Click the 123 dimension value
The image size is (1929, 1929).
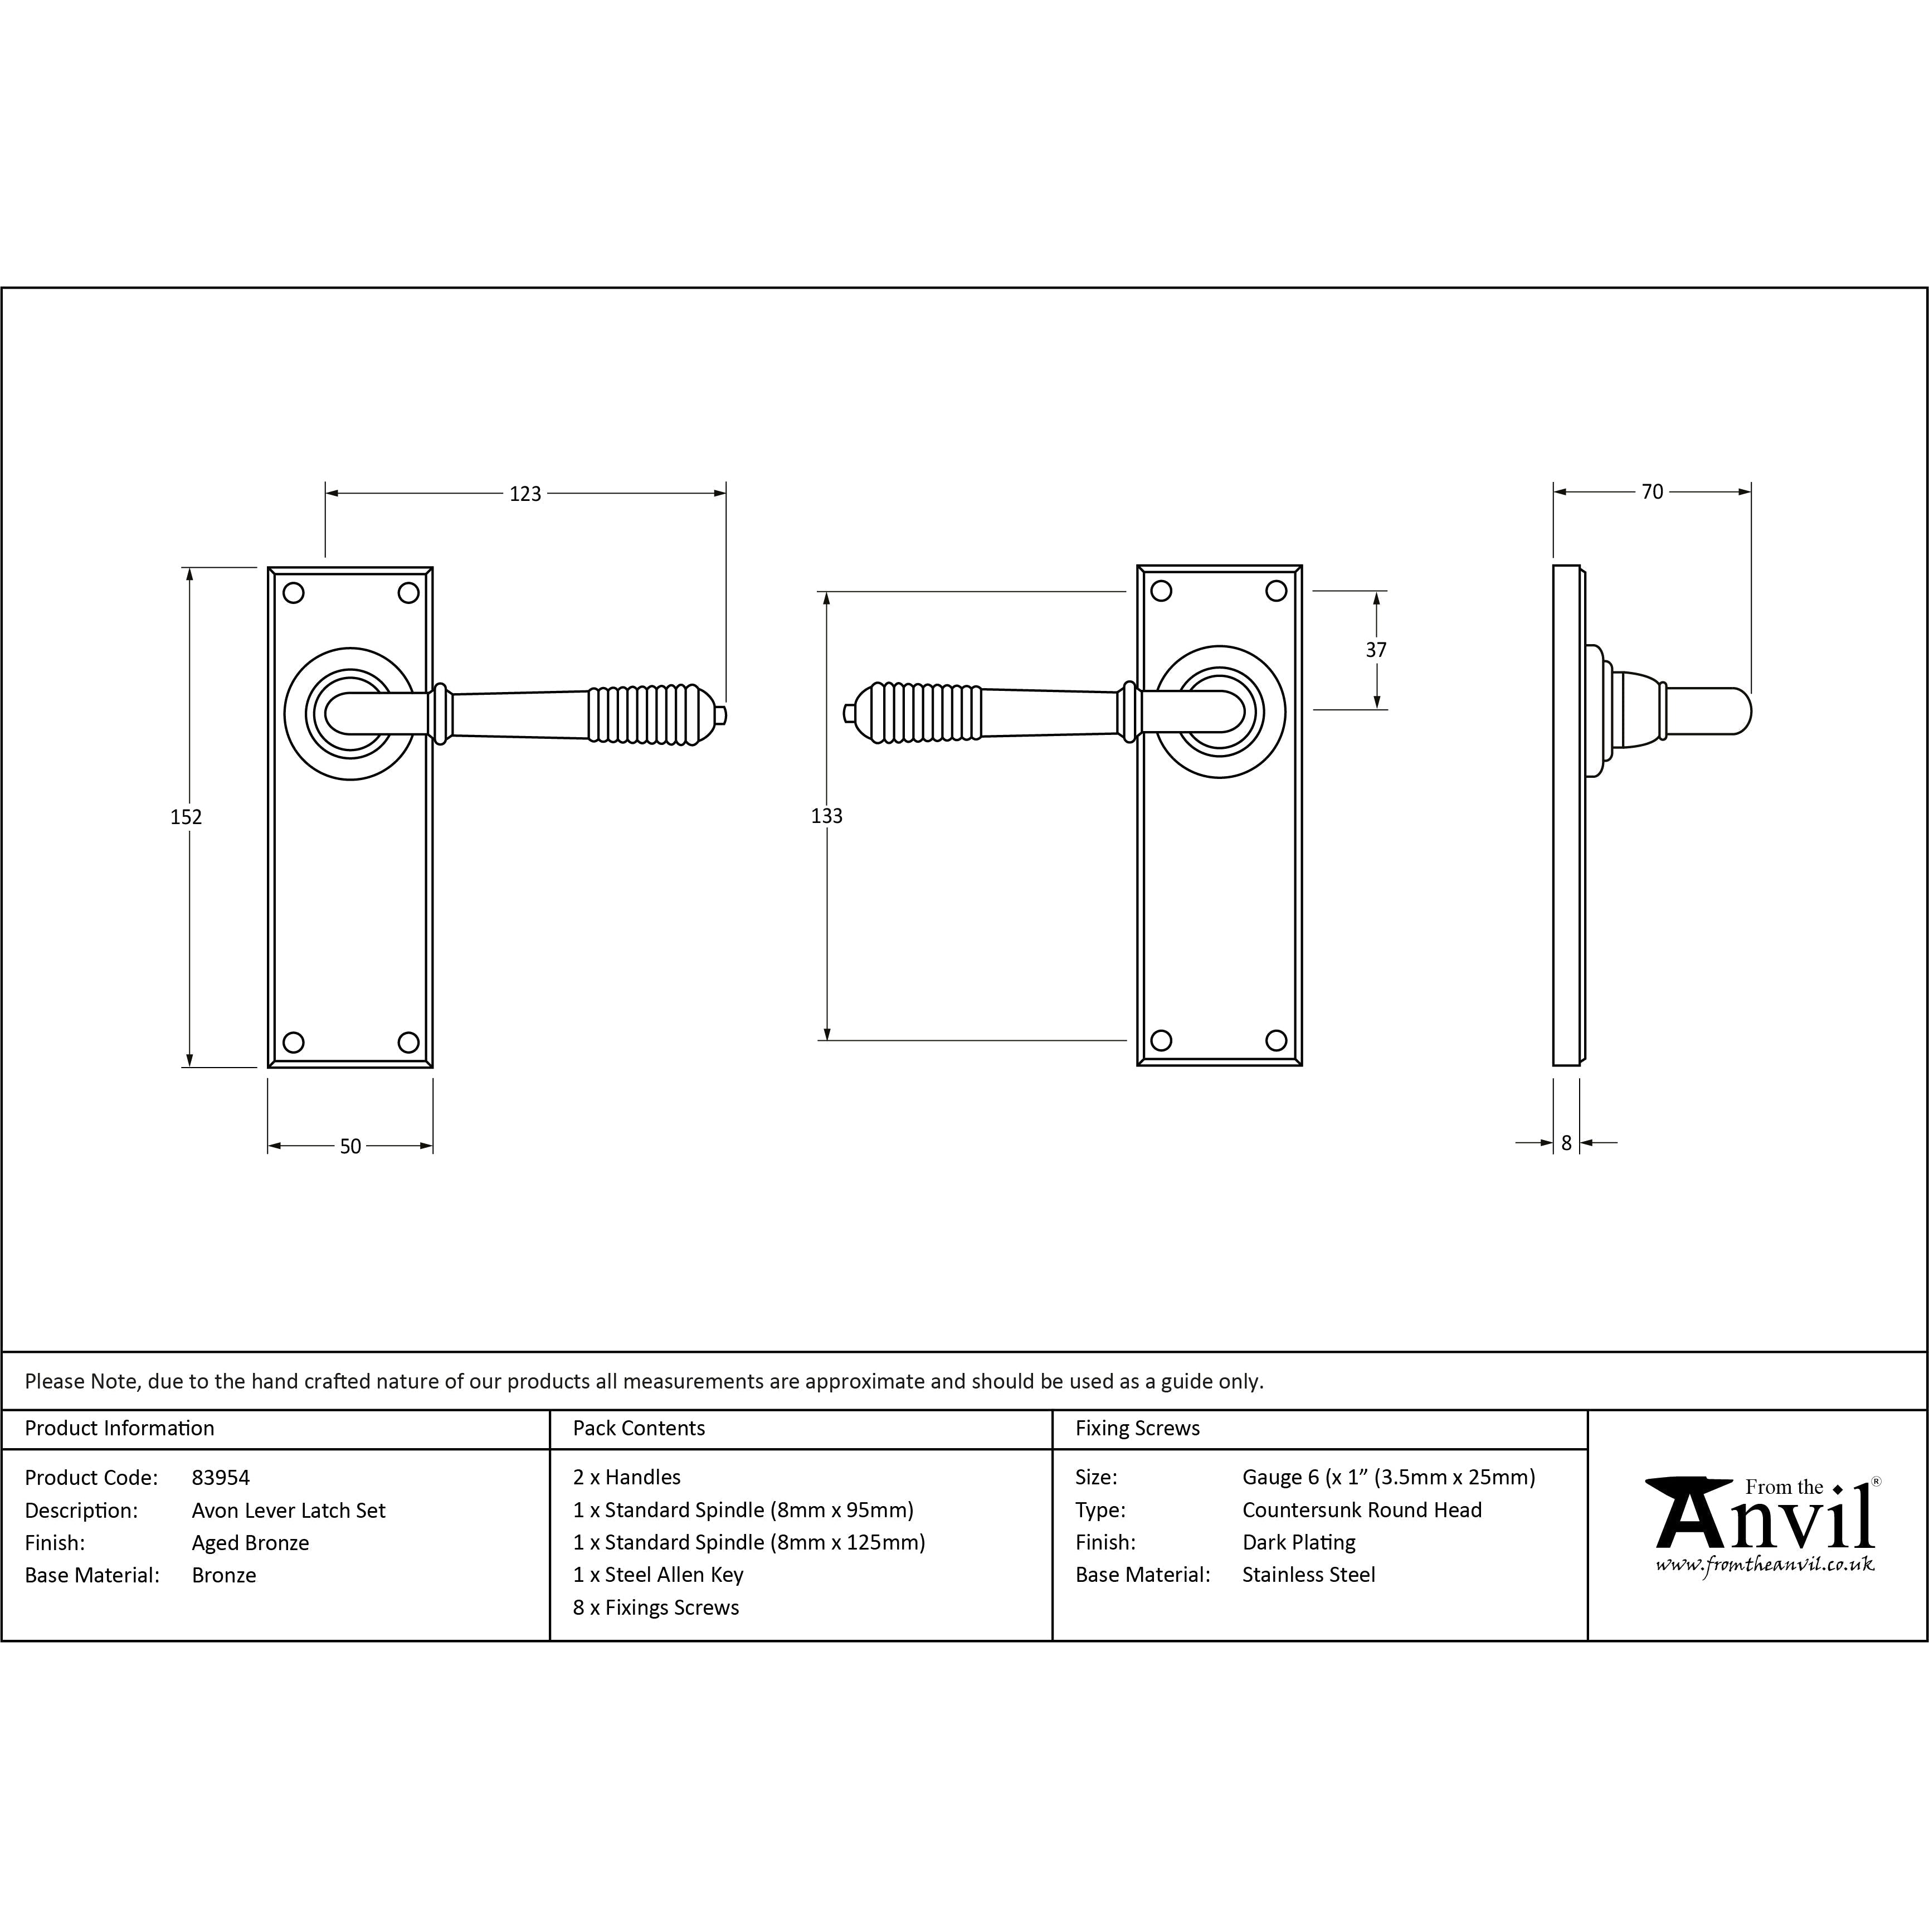(525, 493)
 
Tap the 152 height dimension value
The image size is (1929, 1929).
(186, 817)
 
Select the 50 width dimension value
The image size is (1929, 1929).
(350, 1146)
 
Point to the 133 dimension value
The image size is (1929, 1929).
(827, 816)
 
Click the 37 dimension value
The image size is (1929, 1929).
(1376, 650)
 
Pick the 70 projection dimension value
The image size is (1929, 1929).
(1653, 491)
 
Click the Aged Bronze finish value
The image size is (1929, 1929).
(251, 1543)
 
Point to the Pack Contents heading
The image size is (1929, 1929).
(639, 1428)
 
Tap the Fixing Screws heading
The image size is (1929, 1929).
(1137, 1428)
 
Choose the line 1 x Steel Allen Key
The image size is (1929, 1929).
(658, 1575)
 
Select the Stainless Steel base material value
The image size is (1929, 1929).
(1308, 1575)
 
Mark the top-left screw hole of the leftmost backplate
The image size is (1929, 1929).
(294, 593)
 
